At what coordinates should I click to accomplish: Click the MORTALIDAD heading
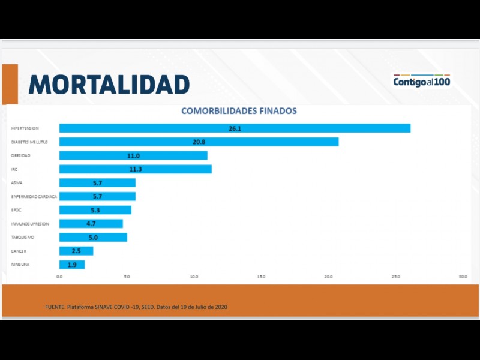[109, 84]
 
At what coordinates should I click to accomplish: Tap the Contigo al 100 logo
[422, 81]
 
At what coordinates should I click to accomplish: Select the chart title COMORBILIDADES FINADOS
[239, 111]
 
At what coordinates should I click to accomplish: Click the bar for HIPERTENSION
[235, 128]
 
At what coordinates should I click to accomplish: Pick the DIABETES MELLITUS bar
[199, 142]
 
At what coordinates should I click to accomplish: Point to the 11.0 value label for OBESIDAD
[133, 155]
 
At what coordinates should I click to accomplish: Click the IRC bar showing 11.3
[135, 169]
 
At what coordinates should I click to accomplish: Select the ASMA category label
[17, 183]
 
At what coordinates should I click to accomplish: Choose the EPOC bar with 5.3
[95, 210]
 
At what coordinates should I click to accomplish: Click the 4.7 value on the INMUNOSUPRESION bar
[91, 224]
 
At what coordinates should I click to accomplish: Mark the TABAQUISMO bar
[93, 238]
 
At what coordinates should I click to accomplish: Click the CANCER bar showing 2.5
[76, 251]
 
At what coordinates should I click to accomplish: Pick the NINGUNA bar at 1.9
[72, 265]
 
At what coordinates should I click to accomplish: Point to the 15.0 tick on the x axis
[261, 277]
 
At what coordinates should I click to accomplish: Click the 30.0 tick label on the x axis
[463, 277]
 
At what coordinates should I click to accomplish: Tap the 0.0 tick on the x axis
[59, 277]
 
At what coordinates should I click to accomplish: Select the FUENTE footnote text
[136, 307]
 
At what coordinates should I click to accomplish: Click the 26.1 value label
[235, 128]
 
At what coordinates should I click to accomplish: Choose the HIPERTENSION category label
[25, 128]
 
